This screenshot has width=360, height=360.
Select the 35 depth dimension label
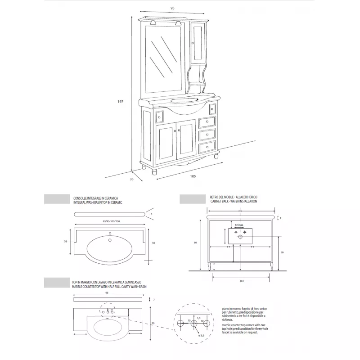click(132, 179)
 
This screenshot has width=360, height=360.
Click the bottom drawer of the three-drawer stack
click(207, 147)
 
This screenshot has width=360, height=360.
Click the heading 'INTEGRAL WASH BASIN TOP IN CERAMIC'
click(98, 202)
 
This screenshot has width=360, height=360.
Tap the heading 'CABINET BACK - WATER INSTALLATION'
click(233, 202)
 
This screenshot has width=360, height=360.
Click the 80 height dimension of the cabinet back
click(195, 243)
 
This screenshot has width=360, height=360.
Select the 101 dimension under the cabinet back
click(241, 281)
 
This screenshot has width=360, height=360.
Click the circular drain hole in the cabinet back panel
click(240, 236)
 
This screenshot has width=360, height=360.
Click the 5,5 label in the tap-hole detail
click(198, 318)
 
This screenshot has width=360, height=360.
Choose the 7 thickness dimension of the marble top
click(154, 299)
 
